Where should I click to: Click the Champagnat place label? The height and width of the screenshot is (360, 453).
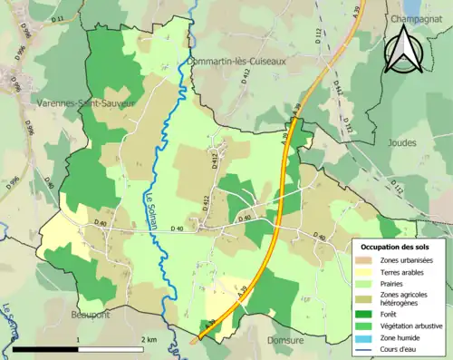point(418,17)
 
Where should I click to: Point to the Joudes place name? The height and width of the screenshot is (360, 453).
point(417,142)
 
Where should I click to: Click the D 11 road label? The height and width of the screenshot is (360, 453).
point(58,18)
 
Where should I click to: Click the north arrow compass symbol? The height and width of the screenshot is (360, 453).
point(404,50)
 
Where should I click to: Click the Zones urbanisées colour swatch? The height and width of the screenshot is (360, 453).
point(366,260)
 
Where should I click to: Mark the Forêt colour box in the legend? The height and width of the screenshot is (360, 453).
point(366,313)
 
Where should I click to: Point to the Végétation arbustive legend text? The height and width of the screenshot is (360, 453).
point(411,326)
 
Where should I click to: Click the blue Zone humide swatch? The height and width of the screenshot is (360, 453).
point(366,337)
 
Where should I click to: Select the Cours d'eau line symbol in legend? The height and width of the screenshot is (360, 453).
point(366,349)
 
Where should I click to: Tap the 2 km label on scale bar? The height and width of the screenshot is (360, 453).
point(150,339)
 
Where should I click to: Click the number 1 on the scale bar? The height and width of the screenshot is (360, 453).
point(78,339)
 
